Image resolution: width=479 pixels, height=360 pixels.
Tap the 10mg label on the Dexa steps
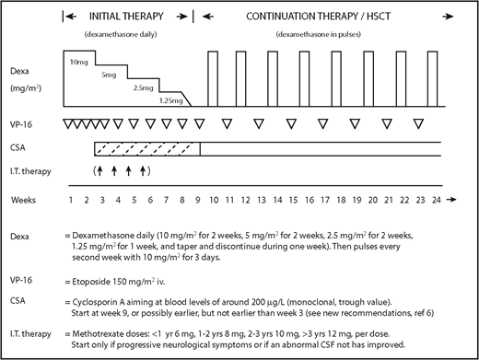(x=78, y=60)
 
